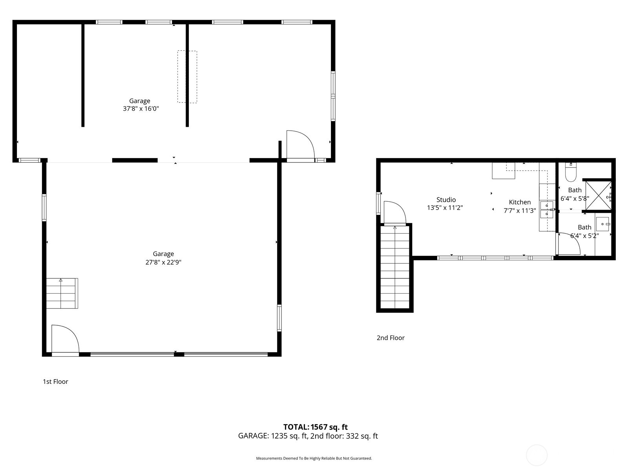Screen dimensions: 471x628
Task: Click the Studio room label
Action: pos(446,200)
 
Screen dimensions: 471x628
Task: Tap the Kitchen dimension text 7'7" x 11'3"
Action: pos(520,211)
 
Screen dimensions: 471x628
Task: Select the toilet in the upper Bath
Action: pos(571,173)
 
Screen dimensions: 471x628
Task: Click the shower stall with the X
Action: pos(598,195)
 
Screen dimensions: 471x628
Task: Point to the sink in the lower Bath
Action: pos(602,224)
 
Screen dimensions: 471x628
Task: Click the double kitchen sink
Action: pos(547,210)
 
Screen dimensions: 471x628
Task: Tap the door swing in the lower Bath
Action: pos(568,244)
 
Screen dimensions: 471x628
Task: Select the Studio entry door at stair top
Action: pos(394,213)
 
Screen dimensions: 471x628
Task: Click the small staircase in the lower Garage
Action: pos(62,293)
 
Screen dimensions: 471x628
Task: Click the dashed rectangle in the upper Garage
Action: pos(187,77)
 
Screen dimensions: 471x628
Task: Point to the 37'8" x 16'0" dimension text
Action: pos(141,109)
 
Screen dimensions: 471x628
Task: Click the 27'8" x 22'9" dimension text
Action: pos(163,262)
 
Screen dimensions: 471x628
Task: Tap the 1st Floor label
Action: pos(55,382)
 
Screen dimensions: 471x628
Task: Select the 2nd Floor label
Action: pos(391,338)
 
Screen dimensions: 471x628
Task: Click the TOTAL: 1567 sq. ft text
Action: pos(315,427)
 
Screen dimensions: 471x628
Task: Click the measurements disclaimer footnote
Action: pos(314,458)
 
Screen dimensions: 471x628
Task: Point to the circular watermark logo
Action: pos(536,455)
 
